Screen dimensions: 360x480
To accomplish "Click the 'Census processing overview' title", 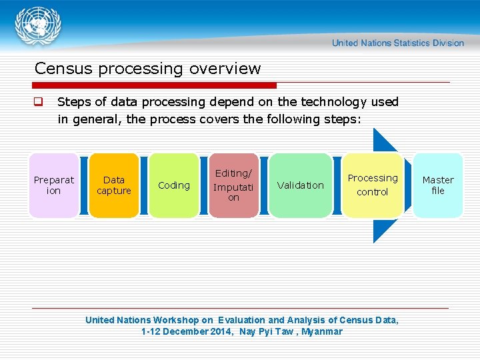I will [147, 69].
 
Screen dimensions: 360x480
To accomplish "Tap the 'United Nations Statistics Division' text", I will [398, 43].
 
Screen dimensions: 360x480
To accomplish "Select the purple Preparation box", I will [54, 185].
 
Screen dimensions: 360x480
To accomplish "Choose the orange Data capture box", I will [114, 185].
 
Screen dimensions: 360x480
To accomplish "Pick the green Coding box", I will [174, 185].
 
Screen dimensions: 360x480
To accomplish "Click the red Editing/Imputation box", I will [233, 185].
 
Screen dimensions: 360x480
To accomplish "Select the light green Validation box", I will [301, 185].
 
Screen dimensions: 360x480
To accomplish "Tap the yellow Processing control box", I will [373, 185].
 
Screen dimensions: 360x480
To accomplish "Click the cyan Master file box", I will [438, 185].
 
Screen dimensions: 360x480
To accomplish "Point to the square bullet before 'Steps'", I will [39, 103].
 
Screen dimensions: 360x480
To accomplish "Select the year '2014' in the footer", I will [219, 331].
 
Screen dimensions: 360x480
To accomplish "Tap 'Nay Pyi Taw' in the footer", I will [266, 331].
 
